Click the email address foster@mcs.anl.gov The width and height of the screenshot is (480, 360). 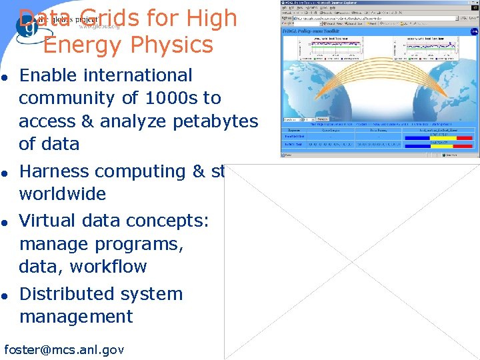coord(64,349)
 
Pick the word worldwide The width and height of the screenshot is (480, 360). coord(62,194)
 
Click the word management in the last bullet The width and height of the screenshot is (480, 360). coord(76,317)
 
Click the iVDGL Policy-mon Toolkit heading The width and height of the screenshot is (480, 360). coord(312,31)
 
